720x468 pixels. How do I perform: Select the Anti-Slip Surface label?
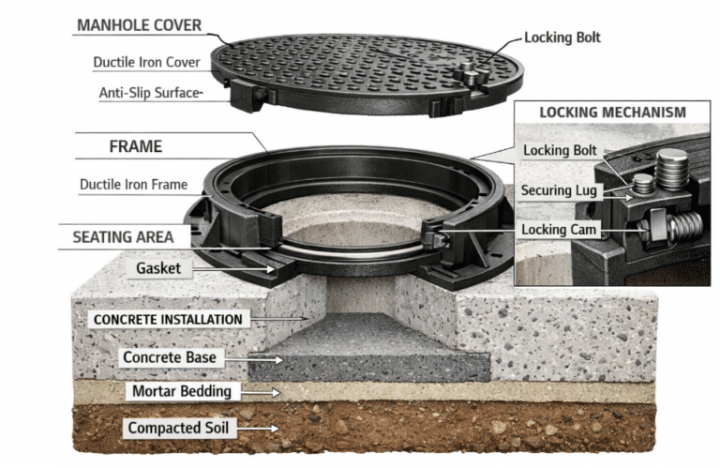coord(150,93)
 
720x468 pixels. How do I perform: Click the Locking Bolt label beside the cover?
coord(562,38)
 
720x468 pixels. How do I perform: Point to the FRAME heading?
coord(135,146)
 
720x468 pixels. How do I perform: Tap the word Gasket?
coord(157,268)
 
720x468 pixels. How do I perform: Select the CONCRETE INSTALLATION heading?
coord(168,319)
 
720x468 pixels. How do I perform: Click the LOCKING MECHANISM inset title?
coord(611,113)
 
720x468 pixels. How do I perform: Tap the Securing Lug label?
coord(559,190)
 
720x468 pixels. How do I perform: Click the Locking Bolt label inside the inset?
coord(560,151)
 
